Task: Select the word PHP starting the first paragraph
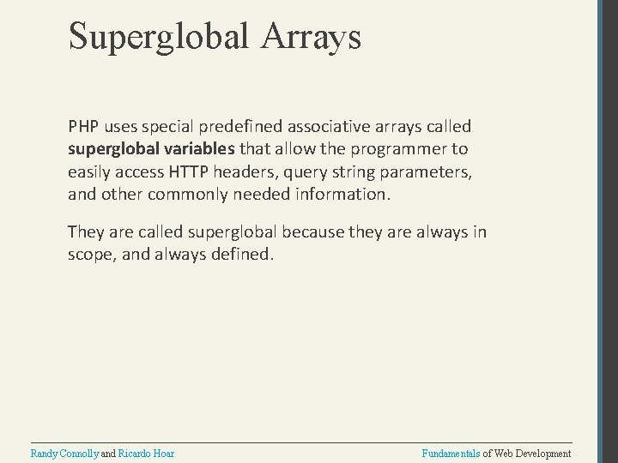tap(84, 126)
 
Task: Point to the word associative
tap(327, 126)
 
